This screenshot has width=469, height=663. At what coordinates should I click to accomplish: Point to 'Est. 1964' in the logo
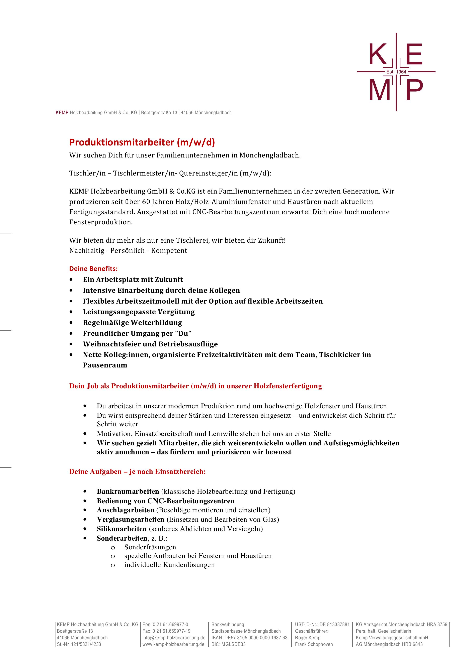pyautogui.click(x=396, y=72)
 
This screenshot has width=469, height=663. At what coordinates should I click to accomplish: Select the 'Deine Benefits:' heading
pyautogui.click(x=93, y=268)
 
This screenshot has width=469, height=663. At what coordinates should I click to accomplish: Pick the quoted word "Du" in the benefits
pyautogui.click(x=183, y=333)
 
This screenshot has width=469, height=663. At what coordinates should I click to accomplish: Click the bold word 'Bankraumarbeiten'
pyautogui.click(x=128, y=491)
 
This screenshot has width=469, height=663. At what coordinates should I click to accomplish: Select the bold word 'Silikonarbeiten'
pyautogui.click(x=122, y=529)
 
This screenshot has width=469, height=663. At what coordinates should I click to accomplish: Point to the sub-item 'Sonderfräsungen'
pyautogui.click(x=150, y=547)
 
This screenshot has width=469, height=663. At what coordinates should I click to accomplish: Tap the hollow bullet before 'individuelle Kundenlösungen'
pyautogui.click(x=113, y=565)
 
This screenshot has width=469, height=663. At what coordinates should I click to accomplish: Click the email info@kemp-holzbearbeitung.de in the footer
pyautogui.click(x=174, y=638)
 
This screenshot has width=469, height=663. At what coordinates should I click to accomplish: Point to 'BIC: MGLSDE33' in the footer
pyautogui.click(x=228, y=644)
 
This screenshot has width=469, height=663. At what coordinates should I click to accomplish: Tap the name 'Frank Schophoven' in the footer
pyautogui.click(x=314, y=644)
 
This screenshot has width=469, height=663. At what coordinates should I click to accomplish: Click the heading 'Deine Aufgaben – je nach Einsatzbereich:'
pyautogui.click(x=137, y=471)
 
